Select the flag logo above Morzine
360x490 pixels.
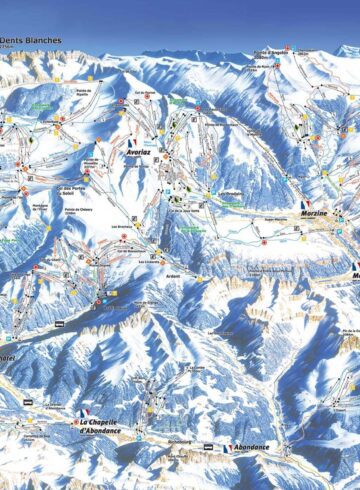(305, 204)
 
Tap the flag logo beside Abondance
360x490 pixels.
(230, 448)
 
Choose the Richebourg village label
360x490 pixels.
(180, 437)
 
